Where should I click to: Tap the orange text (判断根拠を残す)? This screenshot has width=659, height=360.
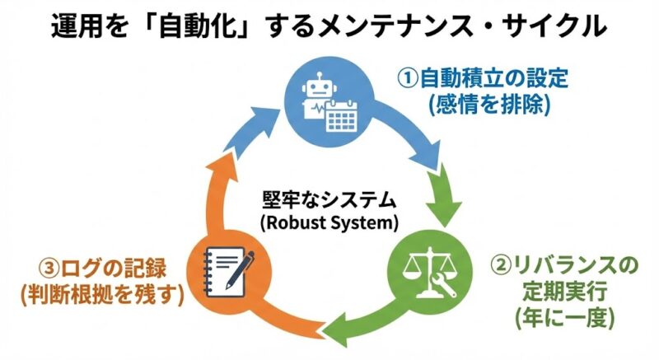(x=101, y=294)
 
